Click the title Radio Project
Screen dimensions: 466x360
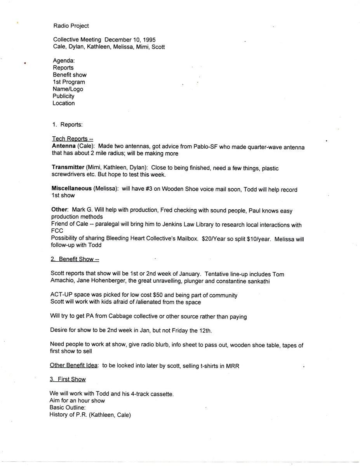point(71,26)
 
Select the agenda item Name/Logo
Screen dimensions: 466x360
point(68,89)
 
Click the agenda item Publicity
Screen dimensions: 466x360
point(64,96)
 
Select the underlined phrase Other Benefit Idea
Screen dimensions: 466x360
point(74,365)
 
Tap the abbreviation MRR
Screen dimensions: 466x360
point(233,365)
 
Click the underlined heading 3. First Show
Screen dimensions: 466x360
point(68,379)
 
